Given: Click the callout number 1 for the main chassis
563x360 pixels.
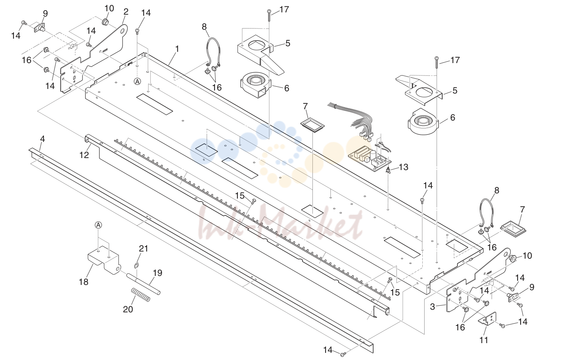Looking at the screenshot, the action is click(x=177, y=49).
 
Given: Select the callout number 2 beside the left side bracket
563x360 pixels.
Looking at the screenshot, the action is click(x=126, y=12).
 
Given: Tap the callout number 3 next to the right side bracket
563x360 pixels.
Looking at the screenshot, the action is click(x=432, y=307).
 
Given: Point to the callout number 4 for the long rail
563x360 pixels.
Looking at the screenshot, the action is click(x=42, y=139).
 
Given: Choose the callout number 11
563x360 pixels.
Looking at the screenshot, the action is click(x=483, y=340).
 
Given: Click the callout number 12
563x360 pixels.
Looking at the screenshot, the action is click(x=84, y=155).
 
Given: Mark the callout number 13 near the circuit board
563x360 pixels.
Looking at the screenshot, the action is click(x=403, y=167).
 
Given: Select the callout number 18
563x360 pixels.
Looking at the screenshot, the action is click(x=84, y=282).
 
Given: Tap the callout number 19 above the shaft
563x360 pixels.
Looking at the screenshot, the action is click(x=158, y=273).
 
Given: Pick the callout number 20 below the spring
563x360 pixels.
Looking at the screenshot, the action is click(x=128, y=309).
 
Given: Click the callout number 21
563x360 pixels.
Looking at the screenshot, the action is click(x=144, y=249).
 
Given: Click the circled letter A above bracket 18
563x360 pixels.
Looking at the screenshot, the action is click(x=98, y=225).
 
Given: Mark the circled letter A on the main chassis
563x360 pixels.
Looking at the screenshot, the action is click(x=137, y=81).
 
